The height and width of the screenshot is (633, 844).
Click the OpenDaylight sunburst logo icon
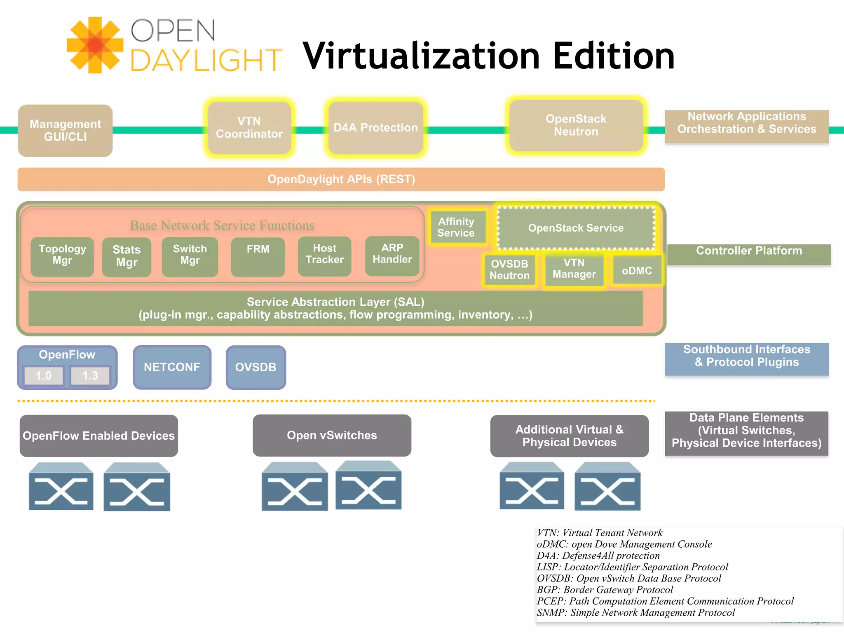(x=95, y=45)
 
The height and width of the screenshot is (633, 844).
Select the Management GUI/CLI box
(x=65, y=130)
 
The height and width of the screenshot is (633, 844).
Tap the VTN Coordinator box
(x=249, y=128)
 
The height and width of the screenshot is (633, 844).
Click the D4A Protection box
(x=375, y=128)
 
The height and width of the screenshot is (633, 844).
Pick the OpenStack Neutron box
(x=576, y=125)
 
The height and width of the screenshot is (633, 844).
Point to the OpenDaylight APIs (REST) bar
(x=341, y=179)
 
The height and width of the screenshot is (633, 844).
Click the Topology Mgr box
(x=62, y=256)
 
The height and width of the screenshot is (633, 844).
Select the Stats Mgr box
(x=127, y=256)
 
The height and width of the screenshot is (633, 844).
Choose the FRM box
(x=258, y=256)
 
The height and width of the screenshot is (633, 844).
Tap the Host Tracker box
(x=325, y=256)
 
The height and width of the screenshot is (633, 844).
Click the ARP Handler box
(x=392, y=256)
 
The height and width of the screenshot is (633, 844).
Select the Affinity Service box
(x=456, y=227)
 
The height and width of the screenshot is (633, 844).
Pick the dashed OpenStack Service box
(x=576, y=228)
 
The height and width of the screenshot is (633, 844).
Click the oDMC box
(x=637, y=271)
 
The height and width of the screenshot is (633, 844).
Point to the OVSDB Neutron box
(x=509, y=270)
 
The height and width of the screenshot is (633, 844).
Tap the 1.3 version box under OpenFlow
(x=90, y=375)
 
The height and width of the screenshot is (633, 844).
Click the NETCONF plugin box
(x=172, y=367)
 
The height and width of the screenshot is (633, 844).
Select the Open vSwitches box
(x=332, y=436)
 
